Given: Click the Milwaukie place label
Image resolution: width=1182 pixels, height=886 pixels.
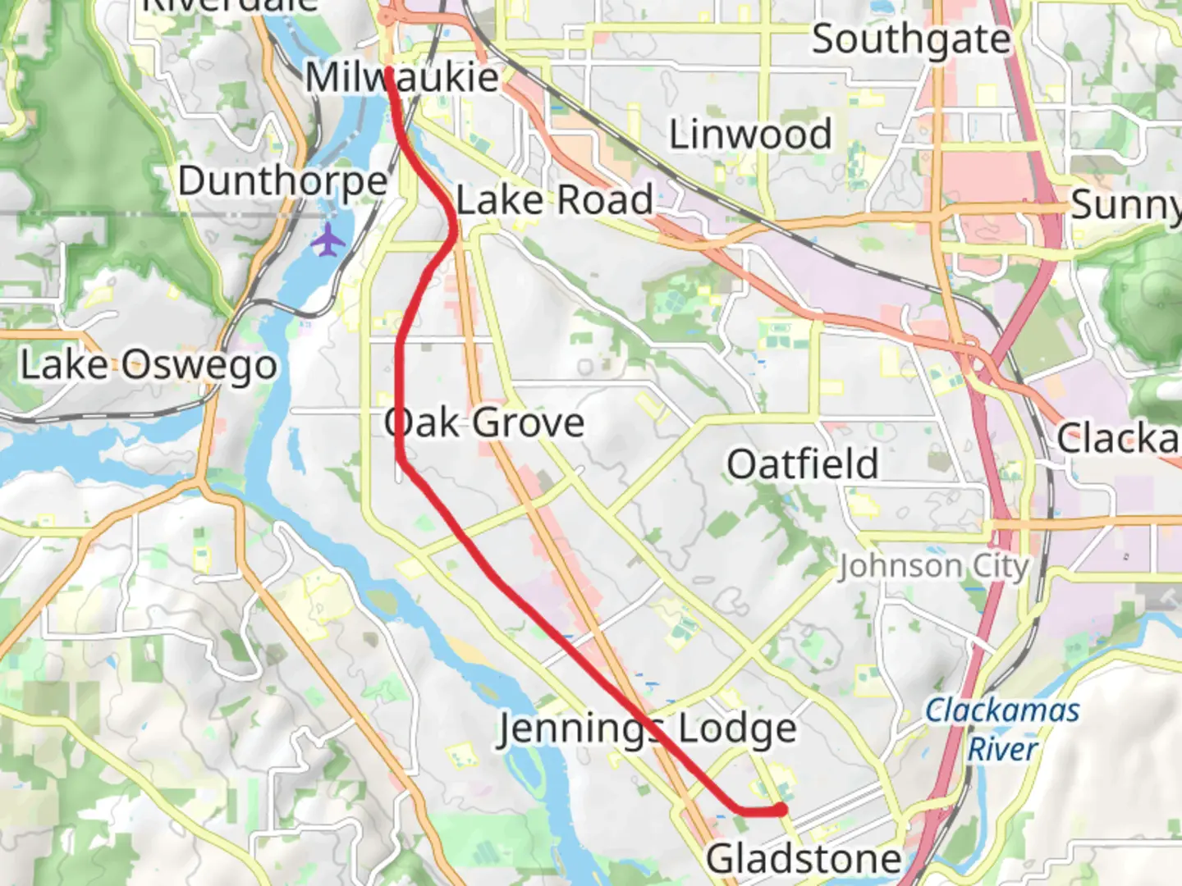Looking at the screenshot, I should [x=401, y=79].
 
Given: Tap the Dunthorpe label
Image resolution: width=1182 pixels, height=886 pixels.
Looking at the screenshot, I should [x=282, y=182].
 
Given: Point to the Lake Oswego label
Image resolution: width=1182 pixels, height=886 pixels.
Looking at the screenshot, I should [x=149, y=366].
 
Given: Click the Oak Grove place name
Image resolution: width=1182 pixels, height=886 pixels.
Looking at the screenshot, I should [x=484, y=423].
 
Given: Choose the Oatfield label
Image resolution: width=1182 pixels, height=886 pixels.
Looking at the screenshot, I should [x=802, y=464].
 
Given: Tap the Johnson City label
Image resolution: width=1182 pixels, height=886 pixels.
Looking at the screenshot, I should [x=933, y=566].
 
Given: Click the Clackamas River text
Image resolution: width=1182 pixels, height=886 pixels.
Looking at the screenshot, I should [x=1001, y=728].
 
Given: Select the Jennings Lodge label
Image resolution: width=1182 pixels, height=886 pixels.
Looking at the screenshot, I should [x=647, y=729].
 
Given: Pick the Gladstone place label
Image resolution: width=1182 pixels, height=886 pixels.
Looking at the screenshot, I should [x=804, y=860].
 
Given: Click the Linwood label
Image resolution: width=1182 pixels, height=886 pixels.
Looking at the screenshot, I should [x=750, y=135].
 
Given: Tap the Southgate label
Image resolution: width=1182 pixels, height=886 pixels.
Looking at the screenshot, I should [x=910, y=39].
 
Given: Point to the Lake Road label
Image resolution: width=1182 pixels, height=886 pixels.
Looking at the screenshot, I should [x=555, y=200].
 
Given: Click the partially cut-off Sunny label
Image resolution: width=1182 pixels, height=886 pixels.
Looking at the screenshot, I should [x=1125, y=205].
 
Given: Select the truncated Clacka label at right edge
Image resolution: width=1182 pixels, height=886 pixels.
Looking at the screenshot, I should [x=1118, y=439].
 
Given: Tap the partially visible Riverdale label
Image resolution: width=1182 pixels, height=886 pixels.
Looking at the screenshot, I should [x=230, y=5].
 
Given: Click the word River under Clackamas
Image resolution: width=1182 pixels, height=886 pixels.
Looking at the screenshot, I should [x=1002, y=749].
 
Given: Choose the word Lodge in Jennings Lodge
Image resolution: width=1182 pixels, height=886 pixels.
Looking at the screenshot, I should [x=738, y=729].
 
